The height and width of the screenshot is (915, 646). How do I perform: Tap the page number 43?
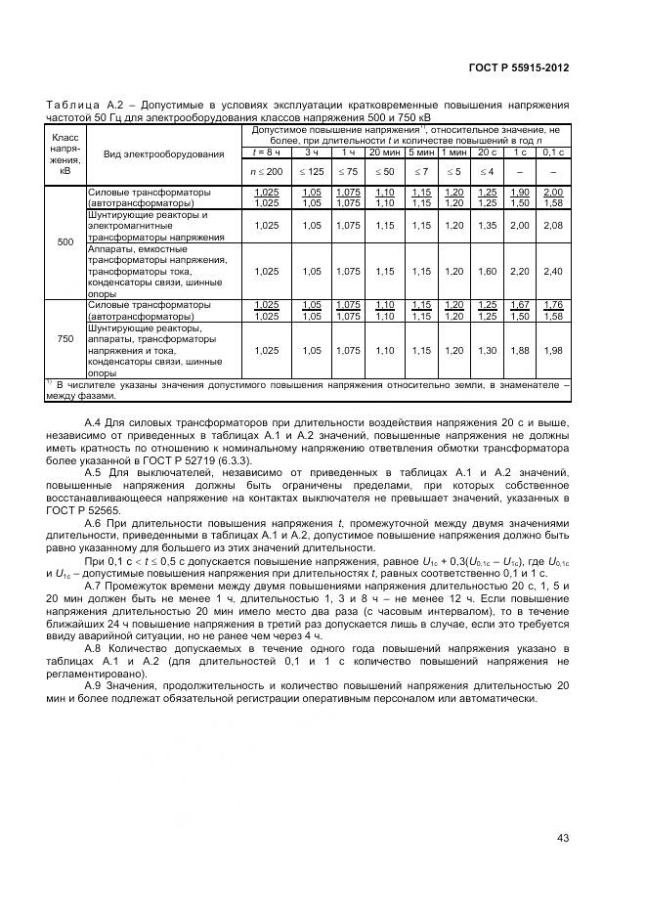562,837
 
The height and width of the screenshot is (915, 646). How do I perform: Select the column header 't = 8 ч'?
267,152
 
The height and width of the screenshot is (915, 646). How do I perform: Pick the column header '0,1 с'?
554,152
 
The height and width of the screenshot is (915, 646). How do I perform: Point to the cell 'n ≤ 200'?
267,172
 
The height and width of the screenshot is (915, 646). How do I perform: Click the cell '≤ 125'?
312,172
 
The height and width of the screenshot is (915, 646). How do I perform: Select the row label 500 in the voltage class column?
65,241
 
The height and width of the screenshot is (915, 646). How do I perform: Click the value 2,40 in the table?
554,271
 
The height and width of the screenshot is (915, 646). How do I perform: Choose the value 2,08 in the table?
554,225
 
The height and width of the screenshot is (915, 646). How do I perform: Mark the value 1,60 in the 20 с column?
487,271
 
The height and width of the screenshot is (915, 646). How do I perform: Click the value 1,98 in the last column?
554,351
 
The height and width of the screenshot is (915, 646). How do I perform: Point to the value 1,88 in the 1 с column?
521,351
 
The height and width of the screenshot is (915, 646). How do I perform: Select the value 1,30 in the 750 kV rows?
487,351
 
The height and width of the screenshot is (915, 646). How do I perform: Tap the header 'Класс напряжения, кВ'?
65,154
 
